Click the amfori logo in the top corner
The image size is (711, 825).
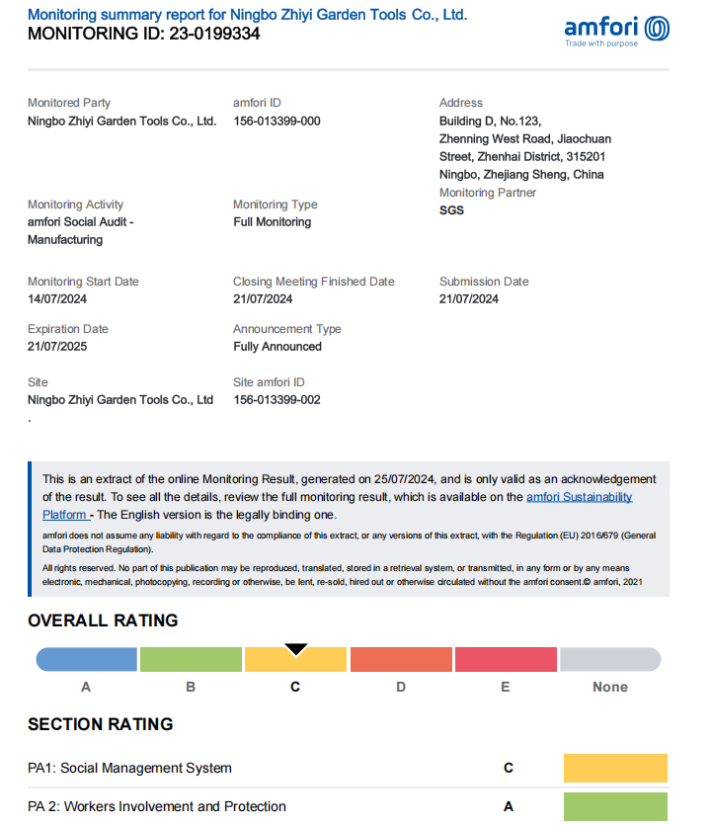pyautogui.click(x=615, y=30)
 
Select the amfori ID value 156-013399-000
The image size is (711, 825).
pyautogui.click(x=276, y=122)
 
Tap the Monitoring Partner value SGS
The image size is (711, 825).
pyautogui.click(x=451, y=210)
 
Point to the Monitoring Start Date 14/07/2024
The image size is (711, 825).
pyautogui.click(x=57, y=299)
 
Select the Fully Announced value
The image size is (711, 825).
pyautogui.click(x=277, y=347)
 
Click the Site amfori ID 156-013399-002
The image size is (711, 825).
pyautogui.click(x=276, y=400)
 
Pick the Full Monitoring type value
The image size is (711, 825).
pyautogui.click(x=272, y=222)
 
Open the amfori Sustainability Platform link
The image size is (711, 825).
pyautogui.click(x=579, y=497)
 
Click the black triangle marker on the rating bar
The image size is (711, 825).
pyautogui.click(x=296, y=649)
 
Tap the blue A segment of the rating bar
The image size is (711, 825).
pyautogui.click(x=87, y=659)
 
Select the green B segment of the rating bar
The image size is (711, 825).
pyautogui.click(x=191, y=659)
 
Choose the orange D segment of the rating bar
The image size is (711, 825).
pyautogui.click(x=400, y=659)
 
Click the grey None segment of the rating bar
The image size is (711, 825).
pyautogui.click(x=610, y=659)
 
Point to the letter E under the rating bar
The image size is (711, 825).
pyautogui.click(x=506, y=687)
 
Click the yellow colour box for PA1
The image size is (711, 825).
pyautogui.click(x=615, y=768)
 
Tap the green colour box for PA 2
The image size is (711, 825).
pyautogui.click(x=615, y=806)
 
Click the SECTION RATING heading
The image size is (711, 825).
pyautogui.click(x=101, y=724)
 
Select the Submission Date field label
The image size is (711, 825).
pyautogui.click(x=484, y=282)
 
